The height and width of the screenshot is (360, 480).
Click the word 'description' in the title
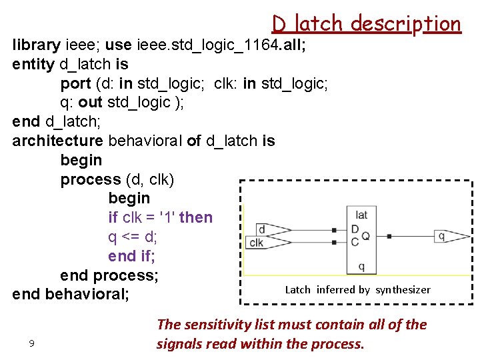tap(406, 24)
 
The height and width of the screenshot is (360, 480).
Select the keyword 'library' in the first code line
tap(37, 45)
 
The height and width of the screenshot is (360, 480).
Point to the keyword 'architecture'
tap(57, 141)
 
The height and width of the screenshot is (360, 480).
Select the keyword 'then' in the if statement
tap(196, 217)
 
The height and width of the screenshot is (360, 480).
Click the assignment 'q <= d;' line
tap(132, 237)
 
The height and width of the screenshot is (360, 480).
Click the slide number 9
tap(31, 343)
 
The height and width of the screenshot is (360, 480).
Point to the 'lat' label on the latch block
tap(361, 215)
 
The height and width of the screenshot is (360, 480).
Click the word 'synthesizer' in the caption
tap(403, 289)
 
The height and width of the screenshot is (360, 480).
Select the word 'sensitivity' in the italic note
tap(215, 325)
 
